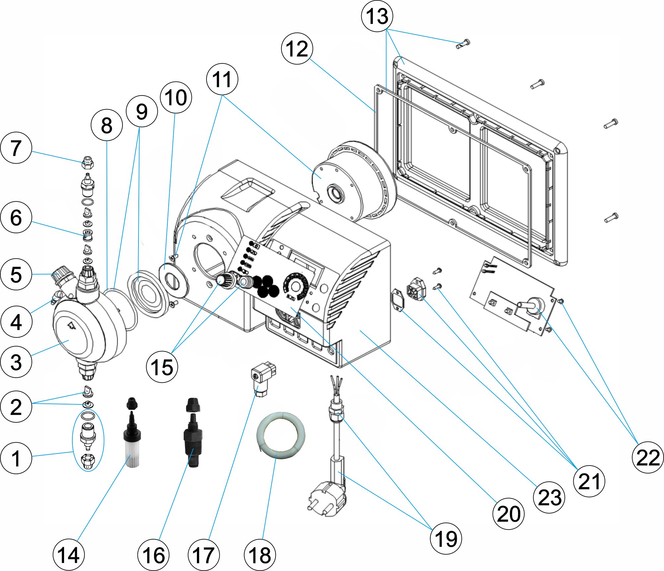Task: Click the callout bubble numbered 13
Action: [377, 16]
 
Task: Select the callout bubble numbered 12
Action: [297, 49]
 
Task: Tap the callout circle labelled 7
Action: [16, 148]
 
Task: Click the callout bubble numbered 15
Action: [162, 367]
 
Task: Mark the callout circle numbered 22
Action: [648, 458]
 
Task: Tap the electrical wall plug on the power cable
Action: [327, 498]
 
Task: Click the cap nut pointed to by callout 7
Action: [87, 163]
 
